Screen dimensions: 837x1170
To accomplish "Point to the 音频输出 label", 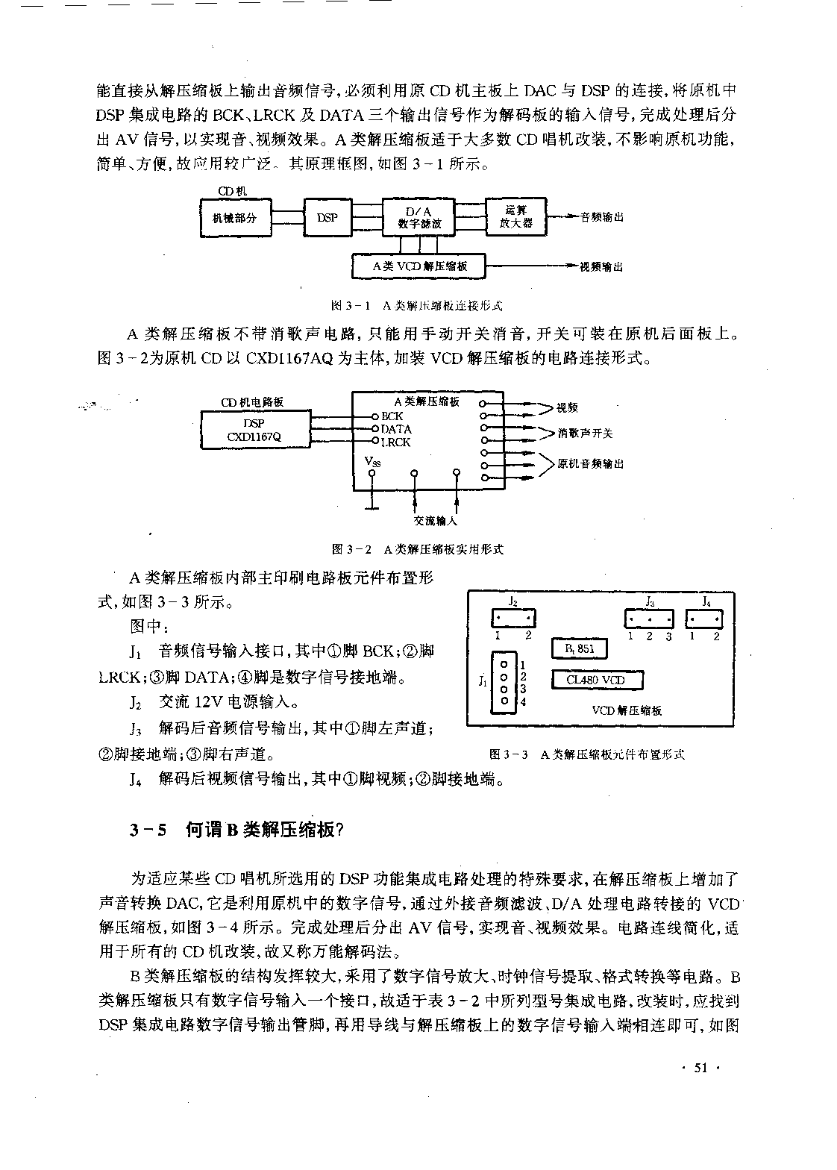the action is pyautogui.click(x=602, y=216).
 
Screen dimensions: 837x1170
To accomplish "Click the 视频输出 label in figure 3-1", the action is pyautogui.click(x=601, y=267).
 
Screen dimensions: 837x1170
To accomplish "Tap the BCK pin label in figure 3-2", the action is pyautogui.click(x=392, y=416).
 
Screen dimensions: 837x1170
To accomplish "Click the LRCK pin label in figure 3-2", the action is pyautogui.click(x=395, y=442).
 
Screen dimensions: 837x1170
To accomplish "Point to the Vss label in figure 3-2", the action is pyautogui.click(x=372, y=462).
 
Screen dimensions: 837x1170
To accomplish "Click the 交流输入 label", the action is pyautogui.click(x=435, y=521).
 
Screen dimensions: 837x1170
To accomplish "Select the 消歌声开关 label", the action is pyautogui.click(x=585, y=434).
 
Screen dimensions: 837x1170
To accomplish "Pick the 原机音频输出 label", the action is pyautogui.click(x=590, y=464).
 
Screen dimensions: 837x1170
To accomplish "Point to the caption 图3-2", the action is pyautogui.click(x=351, y=549).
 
